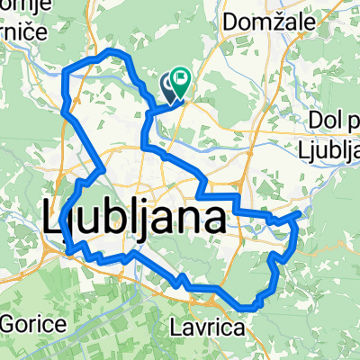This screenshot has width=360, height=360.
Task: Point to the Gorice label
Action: pyautogui.click(x=32, y=323)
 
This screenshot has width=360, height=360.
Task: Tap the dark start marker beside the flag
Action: pyautogui.click(x=169, y=86)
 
